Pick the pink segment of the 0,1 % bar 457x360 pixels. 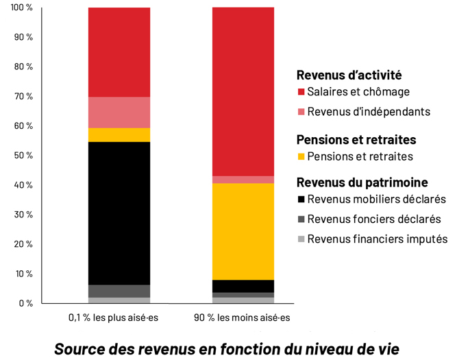[x=119, y=112]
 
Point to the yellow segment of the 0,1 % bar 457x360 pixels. [x=119, y=134]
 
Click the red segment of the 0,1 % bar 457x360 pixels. [x=119, y=52]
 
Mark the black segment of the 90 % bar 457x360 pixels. [x=243, y=285]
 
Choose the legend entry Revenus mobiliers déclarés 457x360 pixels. [x=376, y=200]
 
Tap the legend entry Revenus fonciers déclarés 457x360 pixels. [x=373, y=219]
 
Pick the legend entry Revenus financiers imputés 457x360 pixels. [x=377, y=239]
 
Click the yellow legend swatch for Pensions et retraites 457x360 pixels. [x=301, y=157]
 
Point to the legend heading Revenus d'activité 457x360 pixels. [x=349, y=75]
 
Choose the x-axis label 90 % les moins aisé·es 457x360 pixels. [x=244, y=317]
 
